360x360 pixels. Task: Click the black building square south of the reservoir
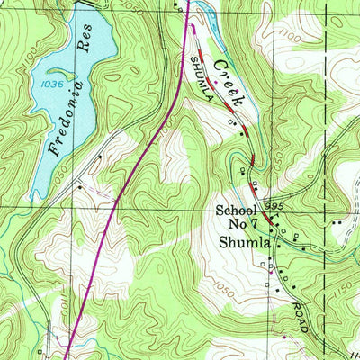pos(79,187)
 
